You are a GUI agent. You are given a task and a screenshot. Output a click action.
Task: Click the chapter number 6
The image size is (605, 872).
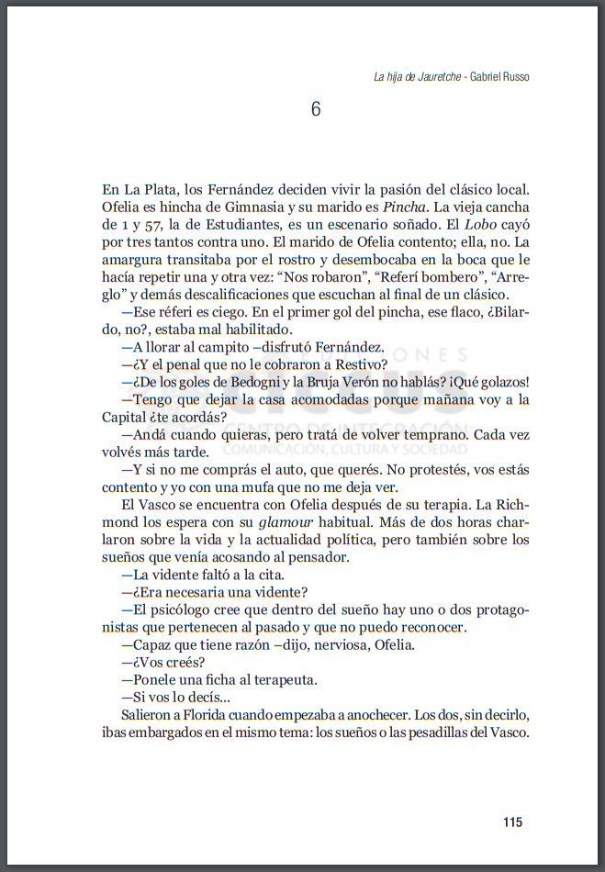tap(316, 109)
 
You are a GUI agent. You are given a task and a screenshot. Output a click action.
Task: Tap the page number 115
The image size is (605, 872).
tap(513, 822)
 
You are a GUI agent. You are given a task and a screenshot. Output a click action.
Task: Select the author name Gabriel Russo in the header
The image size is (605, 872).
tap(499, 77)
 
